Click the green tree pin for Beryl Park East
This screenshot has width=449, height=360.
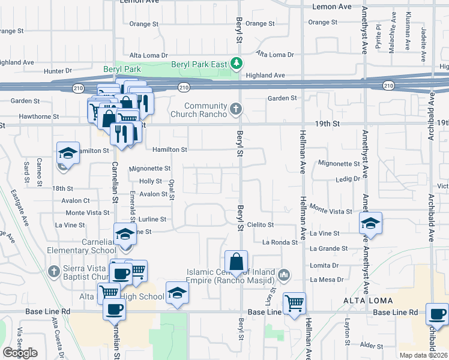pos(237,62)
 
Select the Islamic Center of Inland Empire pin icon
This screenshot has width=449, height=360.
pos(285,276)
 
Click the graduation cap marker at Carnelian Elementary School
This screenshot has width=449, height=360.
pos(125,234)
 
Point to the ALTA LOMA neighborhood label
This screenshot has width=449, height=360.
pos(367,300)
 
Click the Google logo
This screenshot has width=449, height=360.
pos(20,353)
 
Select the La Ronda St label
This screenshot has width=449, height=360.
pos(280,242)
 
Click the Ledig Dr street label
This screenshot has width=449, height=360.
pos(348,179)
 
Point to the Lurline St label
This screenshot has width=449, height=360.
pos(152,220)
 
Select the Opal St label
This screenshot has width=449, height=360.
pos(172,188)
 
